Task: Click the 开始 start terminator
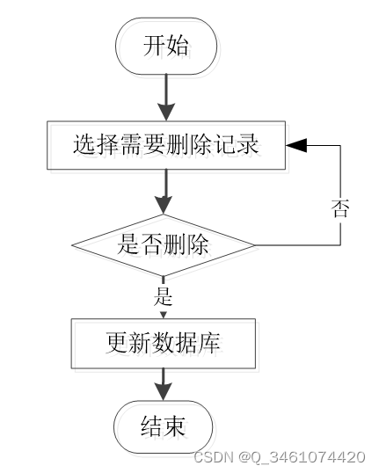point(166,46)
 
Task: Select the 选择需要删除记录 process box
point(166,145)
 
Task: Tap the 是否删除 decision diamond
point(163,245)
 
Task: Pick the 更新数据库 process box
point(164,343)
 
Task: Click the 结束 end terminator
point(164,427)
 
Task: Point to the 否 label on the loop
point(340,208)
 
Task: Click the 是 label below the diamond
point(163,296)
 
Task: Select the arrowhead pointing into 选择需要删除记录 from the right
point(296,145)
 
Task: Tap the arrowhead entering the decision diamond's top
point(164,205)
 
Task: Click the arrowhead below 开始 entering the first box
point(166,112)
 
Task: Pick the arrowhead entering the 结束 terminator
point(164,391)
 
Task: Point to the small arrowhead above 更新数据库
point(164,316)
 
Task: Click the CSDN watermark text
point(214,456)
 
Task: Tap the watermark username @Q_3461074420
point(302,457)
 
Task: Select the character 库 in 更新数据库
point(209,343)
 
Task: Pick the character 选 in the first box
point(84,145)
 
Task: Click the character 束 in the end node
point(174,426)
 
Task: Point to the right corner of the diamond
point(254,245)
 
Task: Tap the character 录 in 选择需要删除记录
point(247,145)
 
